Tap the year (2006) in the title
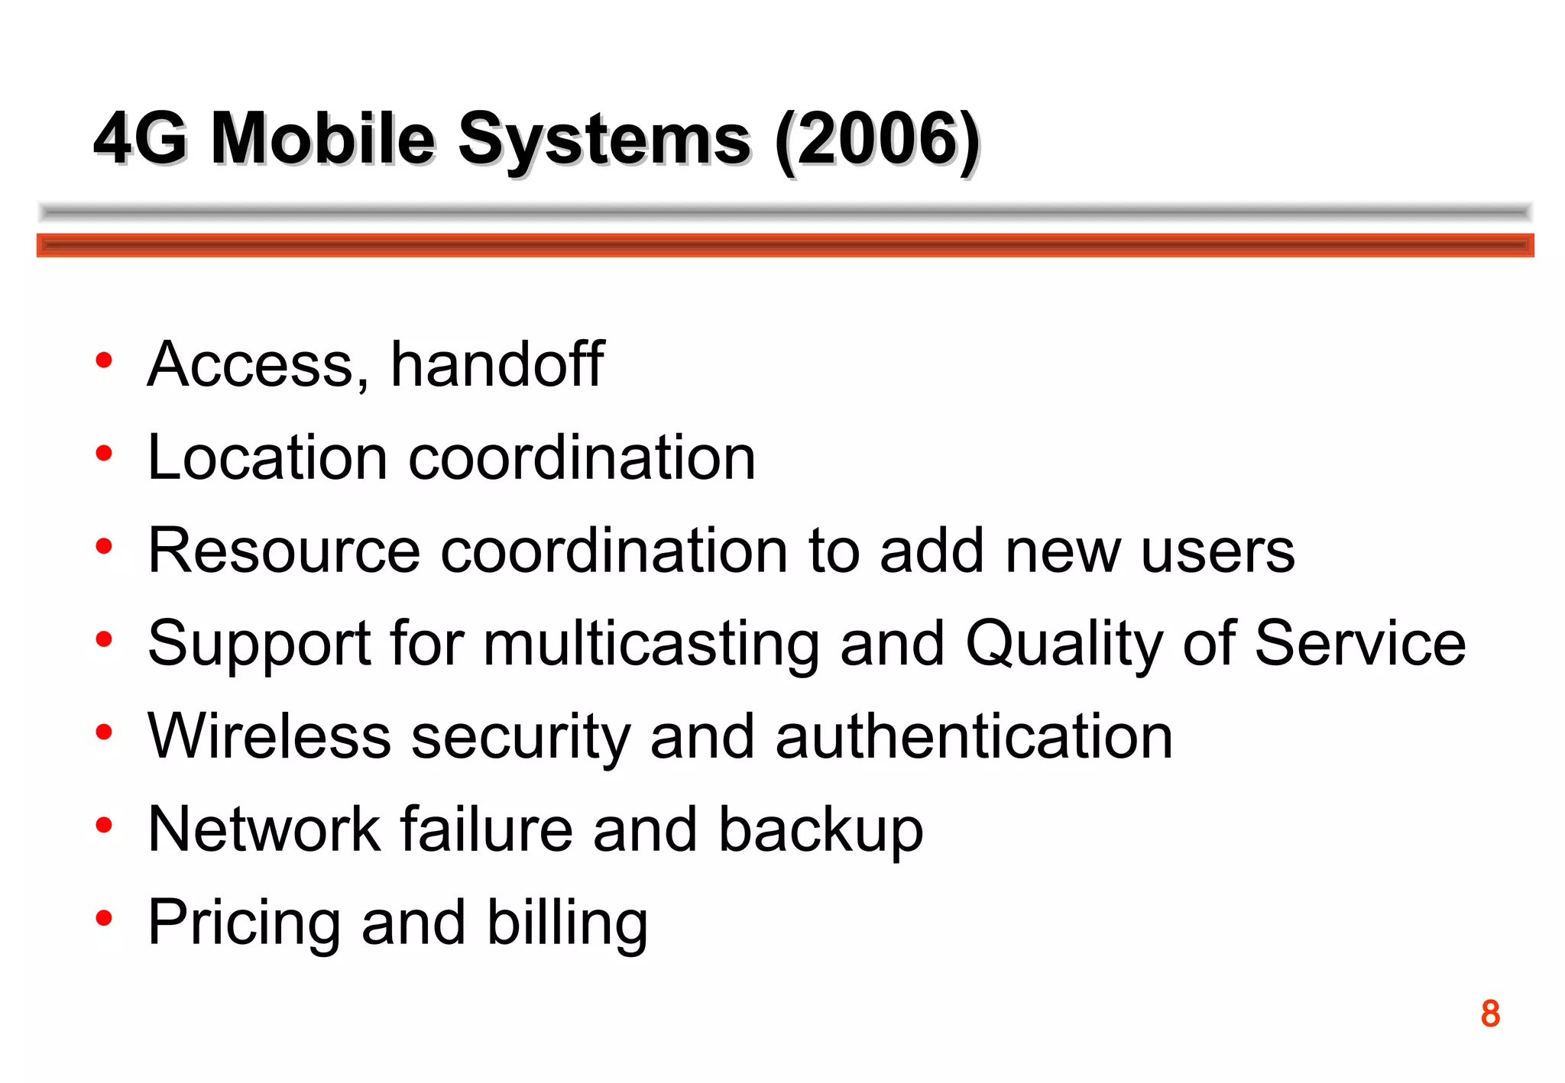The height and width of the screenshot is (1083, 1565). pos(877,139)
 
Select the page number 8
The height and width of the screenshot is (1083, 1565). pos(1490,1014)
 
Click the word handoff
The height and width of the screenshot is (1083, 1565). pos(497,364)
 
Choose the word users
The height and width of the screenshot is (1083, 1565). pos(1218,551)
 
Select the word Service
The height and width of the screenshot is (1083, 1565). pos(1360,644)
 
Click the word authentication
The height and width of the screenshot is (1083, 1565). pos(974,736)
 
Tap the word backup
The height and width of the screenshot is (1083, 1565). pos(821,831)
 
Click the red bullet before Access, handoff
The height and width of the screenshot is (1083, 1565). pos(104,360)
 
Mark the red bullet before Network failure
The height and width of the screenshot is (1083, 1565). pos(104,825)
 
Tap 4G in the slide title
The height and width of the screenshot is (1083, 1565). pos(141,139)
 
